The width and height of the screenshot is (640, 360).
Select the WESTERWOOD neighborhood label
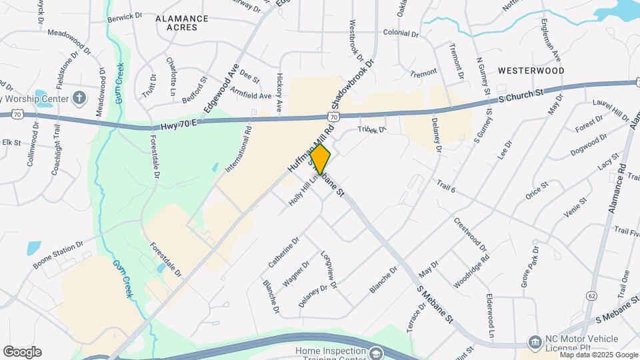tap(531, 70)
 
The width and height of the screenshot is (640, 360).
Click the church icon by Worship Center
tap(79, 99)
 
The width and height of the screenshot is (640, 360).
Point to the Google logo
tap(22, 352)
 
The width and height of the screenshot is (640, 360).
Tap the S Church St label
tap(521, 97)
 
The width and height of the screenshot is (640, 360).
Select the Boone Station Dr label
tap(59, 255)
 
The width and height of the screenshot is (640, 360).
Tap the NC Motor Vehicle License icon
tap(535, 342)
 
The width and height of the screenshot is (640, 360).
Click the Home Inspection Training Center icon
tap(376, 353)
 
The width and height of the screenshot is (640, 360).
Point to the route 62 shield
tap(592, 294)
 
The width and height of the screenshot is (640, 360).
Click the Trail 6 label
tap(446, 186)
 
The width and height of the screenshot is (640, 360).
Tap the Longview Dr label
tap(328, 270)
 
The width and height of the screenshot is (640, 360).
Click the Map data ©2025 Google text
tap(598, 354)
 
